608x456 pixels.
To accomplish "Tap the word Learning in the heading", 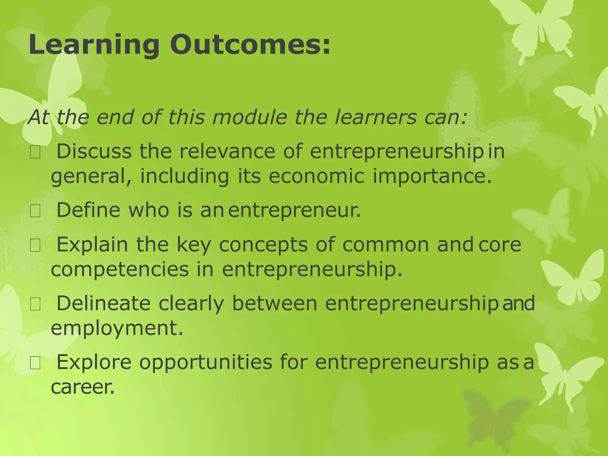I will (x=94, y=45).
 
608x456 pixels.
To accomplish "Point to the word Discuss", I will (x=94, y=151).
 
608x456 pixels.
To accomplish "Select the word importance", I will (x=432, y=176).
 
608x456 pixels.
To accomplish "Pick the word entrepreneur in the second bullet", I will (x=294, y=210).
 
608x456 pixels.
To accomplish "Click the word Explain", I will (x=92, y=245).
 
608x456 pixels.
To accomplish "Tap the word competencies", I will (x=120, y=270).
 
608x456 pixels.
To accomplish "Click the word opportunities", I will (x=206, y=362).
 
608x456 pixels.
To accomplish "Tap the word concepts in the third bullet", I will (x=263, y=245).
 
